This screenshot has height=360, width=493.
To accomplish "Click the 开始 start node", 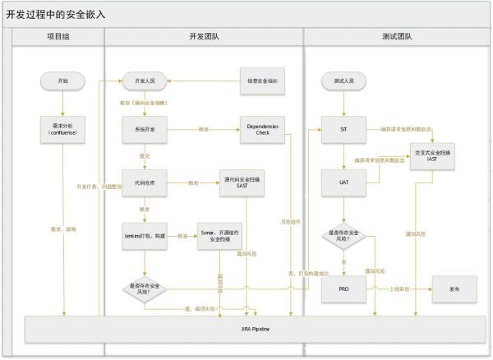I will point(63,81).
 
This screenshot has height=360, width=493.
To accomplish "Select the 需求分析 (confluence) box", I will point(63,128).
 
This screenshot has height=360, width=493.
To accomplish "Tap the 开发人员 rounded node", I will point(145,81).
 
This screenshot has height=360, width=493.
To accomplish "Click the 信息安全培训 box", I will point(262,81).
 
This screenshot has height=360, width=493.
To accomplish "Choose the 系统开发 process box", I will point(145,129).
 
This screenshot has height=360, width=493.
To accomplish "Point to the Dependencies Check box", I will point(262,129).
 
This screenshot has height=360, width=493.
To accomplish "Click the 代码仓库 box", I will point(145,182).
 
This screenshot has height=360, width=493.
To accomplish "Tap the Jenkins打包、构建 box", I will point(145,235).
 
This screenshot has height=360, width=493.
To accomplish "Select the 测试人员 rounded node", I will point(344,81).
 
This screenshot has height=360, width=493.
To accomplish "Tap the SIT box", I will point(344,129).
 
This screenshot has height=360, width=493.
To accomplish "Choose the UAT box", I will point(344,182).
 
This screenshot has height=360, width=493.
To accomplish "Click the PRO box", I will point(344,289).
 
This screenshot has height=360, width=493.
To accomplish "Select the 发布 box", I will point(454,289).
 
